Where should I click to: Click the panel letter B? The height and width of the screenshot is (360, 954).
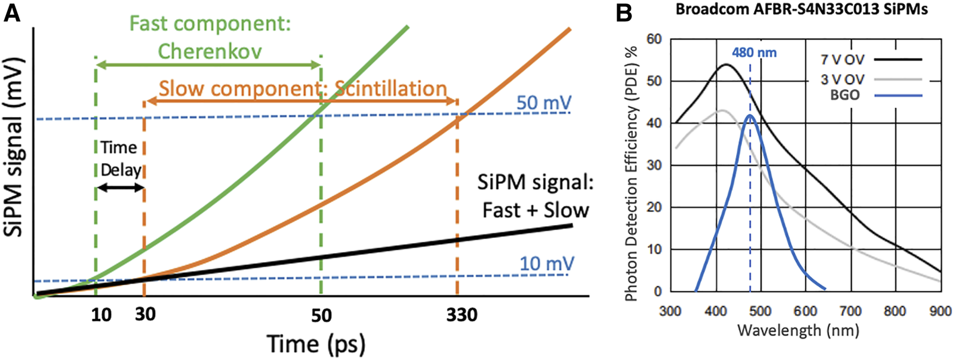coord(623,13)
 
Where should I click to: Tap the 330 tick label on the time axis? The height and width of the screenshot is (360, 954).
coord(461,314)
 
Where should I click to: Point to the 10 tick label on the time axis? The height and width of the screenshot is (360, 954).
coord(101,314)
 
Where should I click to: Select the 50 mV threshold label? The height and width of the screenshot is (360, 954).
coord(544,103)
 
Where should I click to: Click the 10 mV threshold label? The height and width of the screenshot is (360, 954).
coord(547,263)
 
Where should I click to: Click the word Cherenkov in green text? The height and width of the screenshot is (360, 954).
coord(210,51)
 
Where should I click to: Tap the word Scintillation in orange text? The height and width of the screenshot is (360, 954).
coord(390,89)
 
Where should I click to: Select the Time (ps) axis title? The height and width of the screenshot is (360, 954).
coord(316,344)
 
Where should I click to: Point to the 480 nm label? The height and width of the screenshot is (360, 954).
coord(754,53)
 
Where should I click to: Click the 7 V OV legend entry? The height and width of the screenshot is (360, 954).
coord(842,60)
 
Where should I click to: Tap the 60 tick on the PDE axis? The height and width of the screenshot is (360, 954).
coord(654,39)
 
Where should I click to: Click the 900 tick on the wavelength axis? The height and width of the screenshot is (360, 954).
coord(940,311)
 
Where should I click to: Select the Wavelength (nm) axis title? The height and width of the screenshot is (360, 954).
coord(798,330)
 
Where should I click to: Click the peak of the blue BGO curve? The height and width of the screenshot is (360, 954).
coord(750,115)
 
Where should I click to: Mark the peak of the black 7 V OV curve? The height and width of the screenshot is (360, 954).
coord(726,64)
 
